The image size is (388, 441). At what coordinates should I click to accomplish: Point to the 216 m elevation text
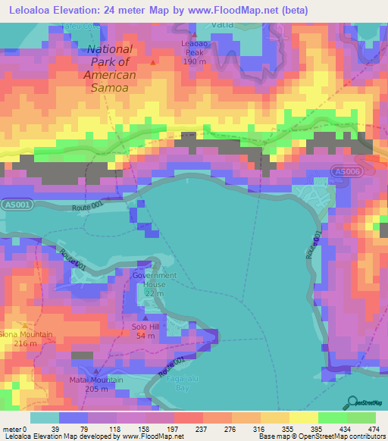(x=25, y=344)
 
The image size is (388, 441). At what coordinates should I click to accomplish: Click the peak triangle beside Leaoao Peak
(x=194, y=35)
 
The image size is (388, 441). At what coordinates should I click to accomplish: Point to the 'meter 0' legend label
(x=14, y=408)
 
